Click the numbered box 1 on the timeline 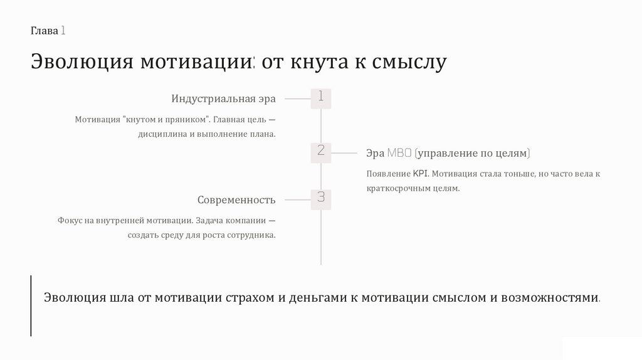pyautogui.click(x=320, y=98)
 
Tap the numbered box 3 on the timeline pyautogui.click(x=320, y=199)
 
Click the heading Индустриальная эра pyautogui.click(x=223, y=99)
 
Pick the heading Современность pyautogui.click(x=236, y=200)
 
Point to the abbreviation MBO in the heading pyautogui.click(x=399, y=153)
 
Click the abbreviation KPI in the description pyautogui.click(x=419, y=174)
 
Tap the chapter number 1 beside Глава pyautogui.click(x=65, y=31)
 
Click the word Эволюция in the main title pyautogui.click(x=81, y=63)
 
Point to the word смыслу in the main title pyautogui.click(x=409, y=63)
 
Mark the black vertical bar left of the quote pyautogui.click(x=31, y=305)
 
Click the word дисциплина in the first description pyautogui.click(x=162, y=134)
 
